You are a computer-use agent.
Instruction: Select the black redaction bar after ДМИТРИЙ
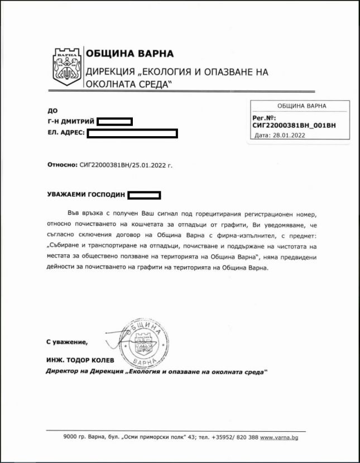coord(114,122)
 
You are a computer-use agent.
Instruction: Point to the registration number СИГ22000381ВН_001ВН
coord(294,126)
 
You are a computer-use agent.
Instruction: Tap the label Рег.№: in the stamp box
coord(265,118)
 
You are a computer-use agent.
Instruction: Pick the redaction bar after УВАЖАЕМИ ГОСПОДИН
coord(144,195)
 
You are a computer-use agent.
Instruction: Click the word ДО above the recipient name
coord(53,110)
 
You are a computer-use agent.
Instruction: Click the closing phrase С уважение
coord(67,341)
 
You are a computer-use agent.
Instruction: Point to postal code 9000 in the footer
coord(70,437)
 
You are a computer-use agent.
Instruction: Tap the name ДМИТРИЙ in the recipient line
coord(79,122)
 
